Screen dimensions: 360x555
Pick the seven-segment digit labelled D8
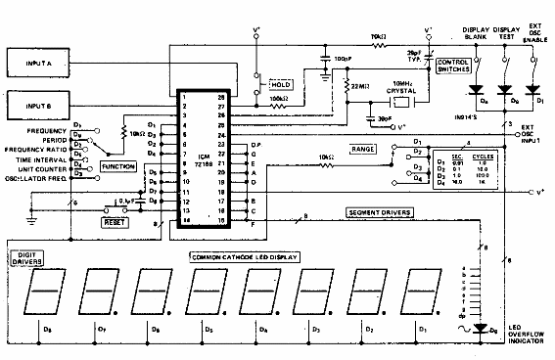tap(48, 290)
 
